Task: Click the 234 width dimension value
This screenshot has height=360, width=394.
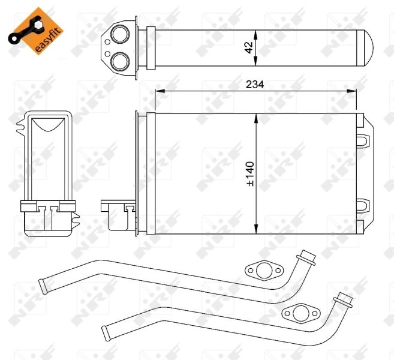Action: tap(255, 85)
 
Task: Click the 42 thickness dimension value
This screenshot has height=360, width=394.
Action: tap(248, 47)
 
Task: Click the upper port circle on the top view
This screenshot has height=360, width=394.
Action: tap(121, 35)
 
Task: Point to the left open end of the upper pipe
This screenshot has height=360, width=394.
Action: tap(43, 283)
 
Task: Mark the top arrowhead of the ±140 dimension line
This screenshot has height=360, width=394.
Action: tap(256, 117)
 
